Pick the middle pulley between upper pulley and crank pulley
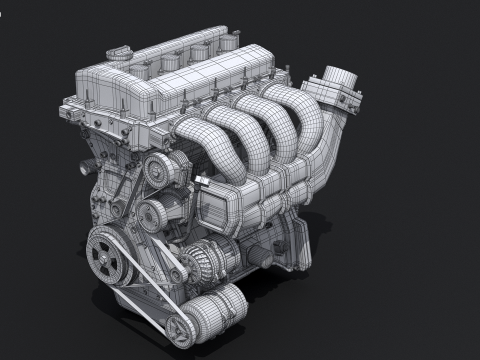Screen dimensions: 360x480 pyautogui.click(x=150, y=211)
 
